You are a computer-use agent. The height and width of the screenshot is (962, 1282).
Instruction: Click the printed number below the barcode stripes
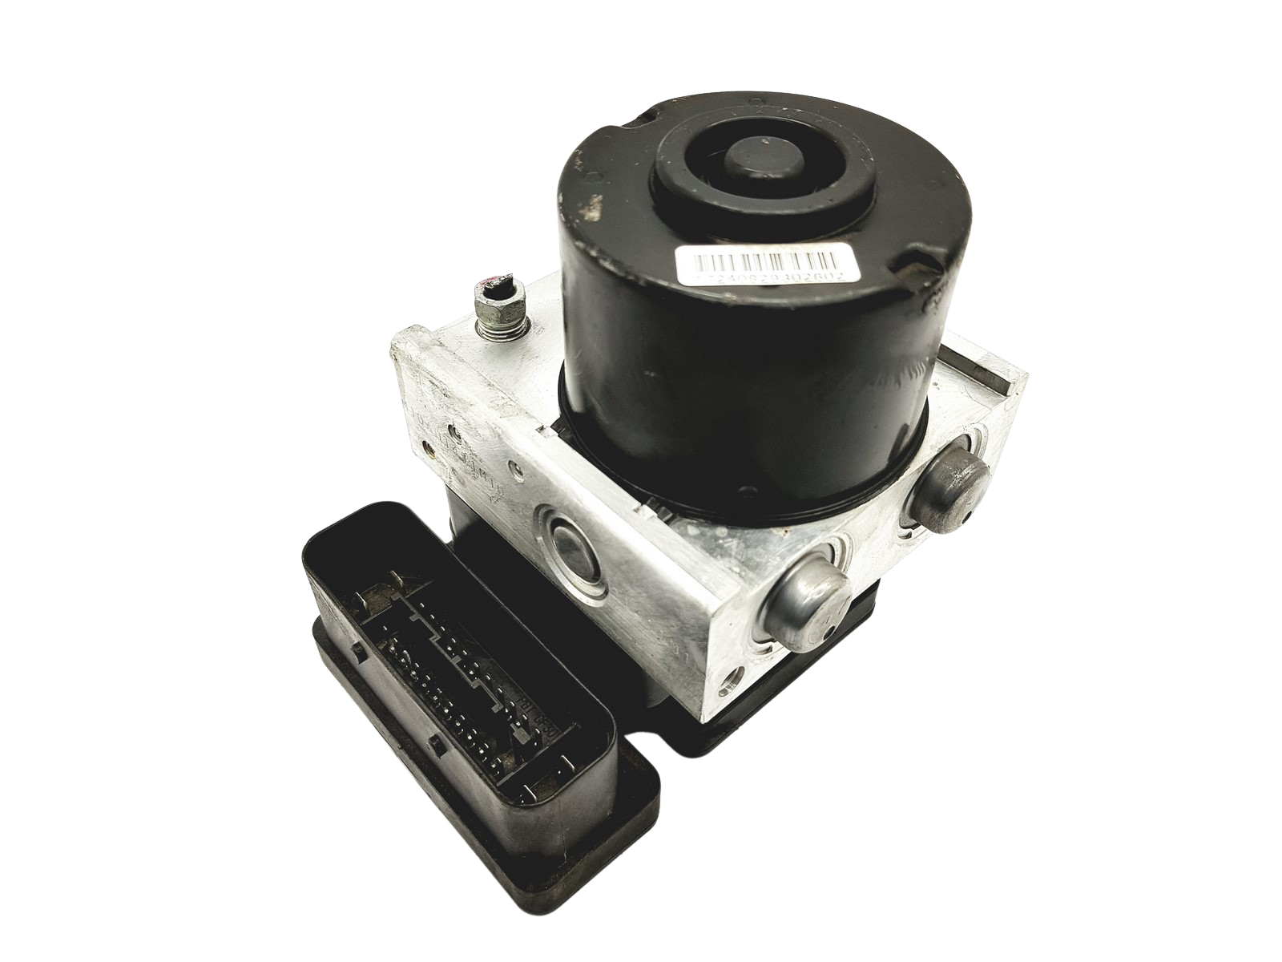[x=756, y=275]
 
